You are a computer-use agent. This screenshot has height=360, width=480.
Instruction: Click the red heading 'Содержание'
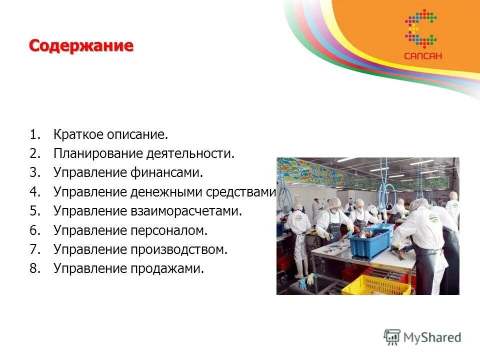[81, 46]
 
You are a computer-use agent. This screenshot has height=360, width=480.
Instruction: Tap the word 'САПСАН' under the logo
[423, 56]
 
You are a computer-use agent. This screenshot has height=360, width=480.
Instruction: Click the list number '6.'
[34, 230]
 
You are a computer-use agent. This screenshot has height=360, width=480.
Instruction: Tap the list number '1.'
[34, 135]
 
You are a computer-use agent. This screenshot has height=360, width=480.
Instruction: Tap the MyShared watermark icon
[392, 337]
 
